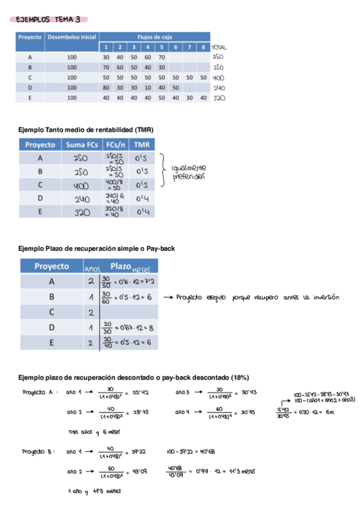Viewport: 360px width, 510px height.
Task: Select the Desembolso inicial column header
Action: click(x=72, y=37)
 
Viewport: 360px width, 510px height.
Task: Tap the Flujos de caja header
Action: click(x=154, y=37)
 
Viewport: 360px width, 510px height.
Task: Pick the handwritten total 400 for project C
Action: click(x=218, y=78)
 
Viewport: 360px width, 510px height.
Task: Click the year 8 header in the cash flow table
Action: click(x=203, y=47)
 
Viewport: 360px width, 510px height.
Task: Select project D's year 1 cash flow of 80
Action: click(x=106, y=87)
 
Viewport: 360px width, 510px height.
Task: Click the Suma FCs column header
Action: click(x=81, y=145)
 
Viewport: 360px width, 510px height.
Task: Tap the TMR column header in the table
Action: click(x=142, y=145)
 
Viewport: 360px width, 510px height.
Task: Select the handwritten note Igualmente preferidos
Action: click(x=189, y=172)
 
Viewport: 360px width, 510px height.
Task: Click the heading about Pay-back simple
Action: click(x=96, y=248)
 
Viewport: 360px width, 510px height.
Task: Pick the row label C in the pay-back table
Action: click(x=52, y=312)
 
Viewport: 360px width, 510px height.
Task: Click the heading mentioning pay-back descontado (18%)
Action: click(x=133, y=377)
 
